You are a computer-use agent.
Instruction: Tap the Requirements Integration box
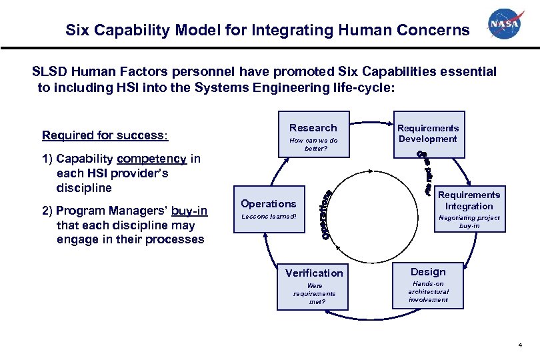(x=469, y=210)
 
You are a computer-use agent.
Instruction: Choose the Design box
(x=428, y=284)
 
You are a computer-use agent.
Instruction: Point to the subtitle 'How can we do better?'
(x=313, y=144)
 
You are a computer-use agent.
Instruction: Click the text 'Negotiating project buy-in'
(x=469, y=221)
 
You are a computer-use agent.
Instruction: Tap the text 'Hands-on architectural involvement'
(x=428, y=291)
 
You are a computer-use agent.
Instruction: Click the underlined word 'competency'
(x=151, y=159)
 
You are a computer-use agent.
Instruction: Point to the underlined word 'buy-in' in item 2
(x=189, y=211)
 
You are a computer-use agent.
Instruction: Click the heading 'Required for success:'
(x=105, y=135)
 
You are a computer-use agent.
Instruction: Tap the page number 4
(x=519, y=346)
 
